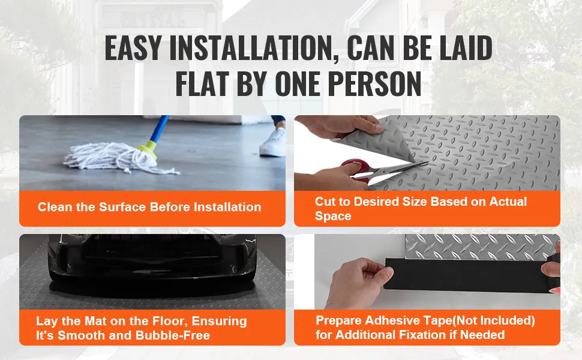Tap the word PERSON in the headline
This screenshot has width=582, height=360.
click(375, 83)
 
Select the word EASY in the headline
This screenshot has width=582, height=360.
click(133, 48)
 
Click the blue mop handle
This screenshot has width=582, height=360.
click(160, 128)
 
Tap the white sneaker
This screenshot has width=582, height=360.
click(273, 142)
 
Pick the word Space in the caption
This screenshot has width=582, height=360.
click(333, 217)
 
